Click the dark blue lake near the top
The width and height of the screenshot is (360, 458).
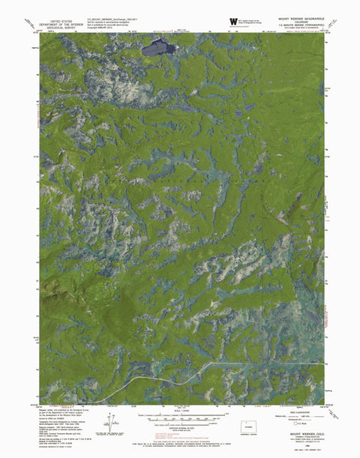click(159, 48)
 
